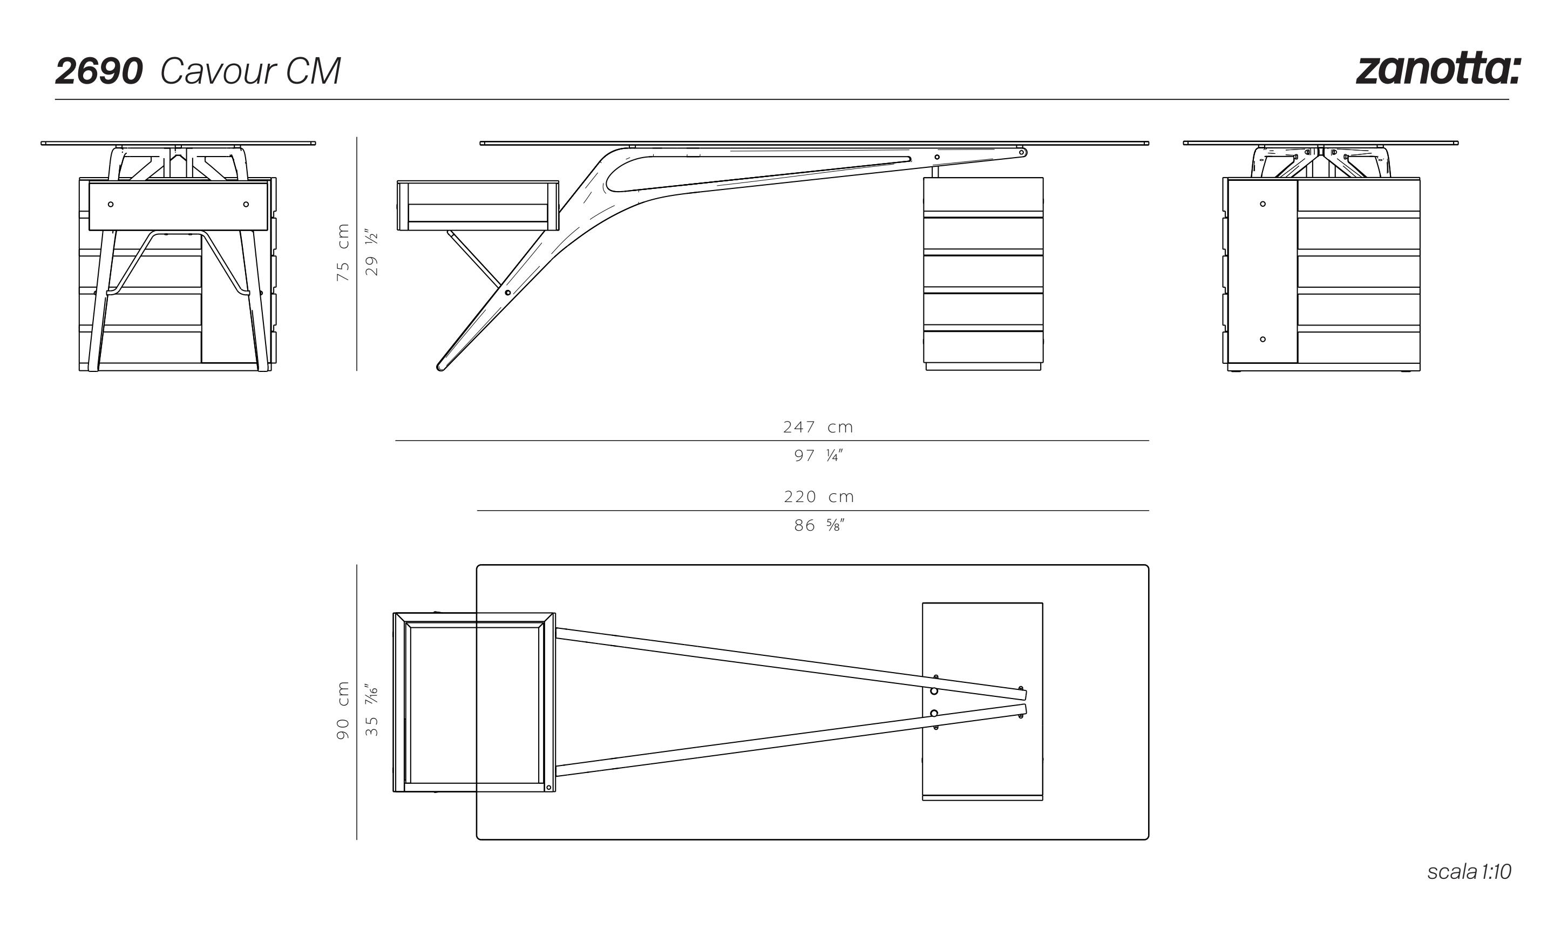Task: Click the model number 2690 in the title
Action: click(99, 71)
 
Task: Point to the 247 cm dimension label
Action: click(818, 427)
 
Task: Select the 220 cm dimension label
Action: click(818, 497)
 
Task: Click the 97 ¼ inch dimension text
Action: click(818, 456)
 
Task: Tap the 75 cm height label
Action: click(343, 253)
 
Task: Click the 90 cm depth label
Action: click(343, 710)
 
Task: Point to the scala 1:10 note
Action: click(1469, 872)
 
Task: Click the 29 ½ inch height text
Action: click(372, 253)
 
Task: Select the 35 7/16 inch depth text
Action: click(372, 710)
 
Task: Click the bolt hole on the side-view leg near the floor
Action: click(507, 293)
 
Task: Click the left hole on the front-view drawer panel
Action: click(111, 204)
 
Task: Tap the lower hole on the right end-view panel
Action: click(1263, 339)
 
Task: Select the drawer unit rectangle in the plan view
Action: click(982, 701)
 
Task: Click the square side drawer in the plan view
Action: click(474, 702)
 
